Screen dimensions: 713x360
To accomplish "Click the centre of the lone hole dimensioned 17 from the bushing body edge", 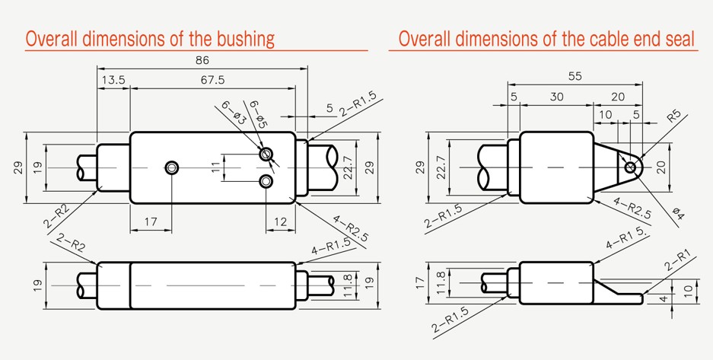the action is [171, 167].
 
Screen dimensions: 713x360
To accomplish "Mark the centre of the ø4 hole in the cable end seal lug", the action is [630, 167].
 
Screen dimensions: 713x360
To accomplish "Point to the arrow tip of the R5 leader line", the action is [641, 157].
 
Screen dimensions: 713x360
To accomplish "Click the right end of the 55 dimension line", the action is [642, 84].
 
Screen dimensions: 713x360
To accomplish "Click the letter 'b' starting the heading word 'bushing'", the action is [213, 39].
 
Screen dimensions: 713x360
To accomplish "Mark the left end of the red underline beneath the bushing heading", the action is [25, 50].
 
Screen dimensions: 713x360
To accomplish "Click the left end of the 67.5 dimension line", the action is [131, 88].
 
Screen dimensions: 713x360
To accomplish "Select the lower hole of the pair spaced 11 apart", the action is [266, 182].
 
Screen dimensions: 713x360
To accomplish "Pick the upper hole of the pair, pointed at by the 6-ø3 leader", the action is [266, 154].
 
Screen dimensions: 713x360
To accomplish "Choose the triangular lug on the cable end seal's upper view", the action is [618, 167].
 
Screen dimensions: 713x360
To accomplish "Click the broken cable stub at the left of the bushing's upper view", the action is [87, 167].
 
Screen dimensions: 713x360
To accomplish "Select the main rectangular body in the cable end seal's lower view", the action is [556, 282].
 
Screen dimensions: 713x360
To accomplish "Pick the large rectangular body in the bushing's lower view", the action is [213, 285].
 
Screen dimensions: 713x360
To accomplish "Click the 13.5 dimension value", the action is [113, 80].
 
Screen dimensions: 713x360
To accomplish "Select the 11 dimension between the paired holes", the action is [216, 167].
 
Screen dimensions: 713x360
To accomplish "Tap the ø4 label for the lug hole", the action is [677, 213].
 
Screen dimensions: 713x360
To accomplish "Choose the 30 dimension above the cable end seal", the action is [556, 97].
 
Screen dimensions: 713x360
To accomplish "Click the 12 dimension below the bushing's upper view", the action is [281, 221].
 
